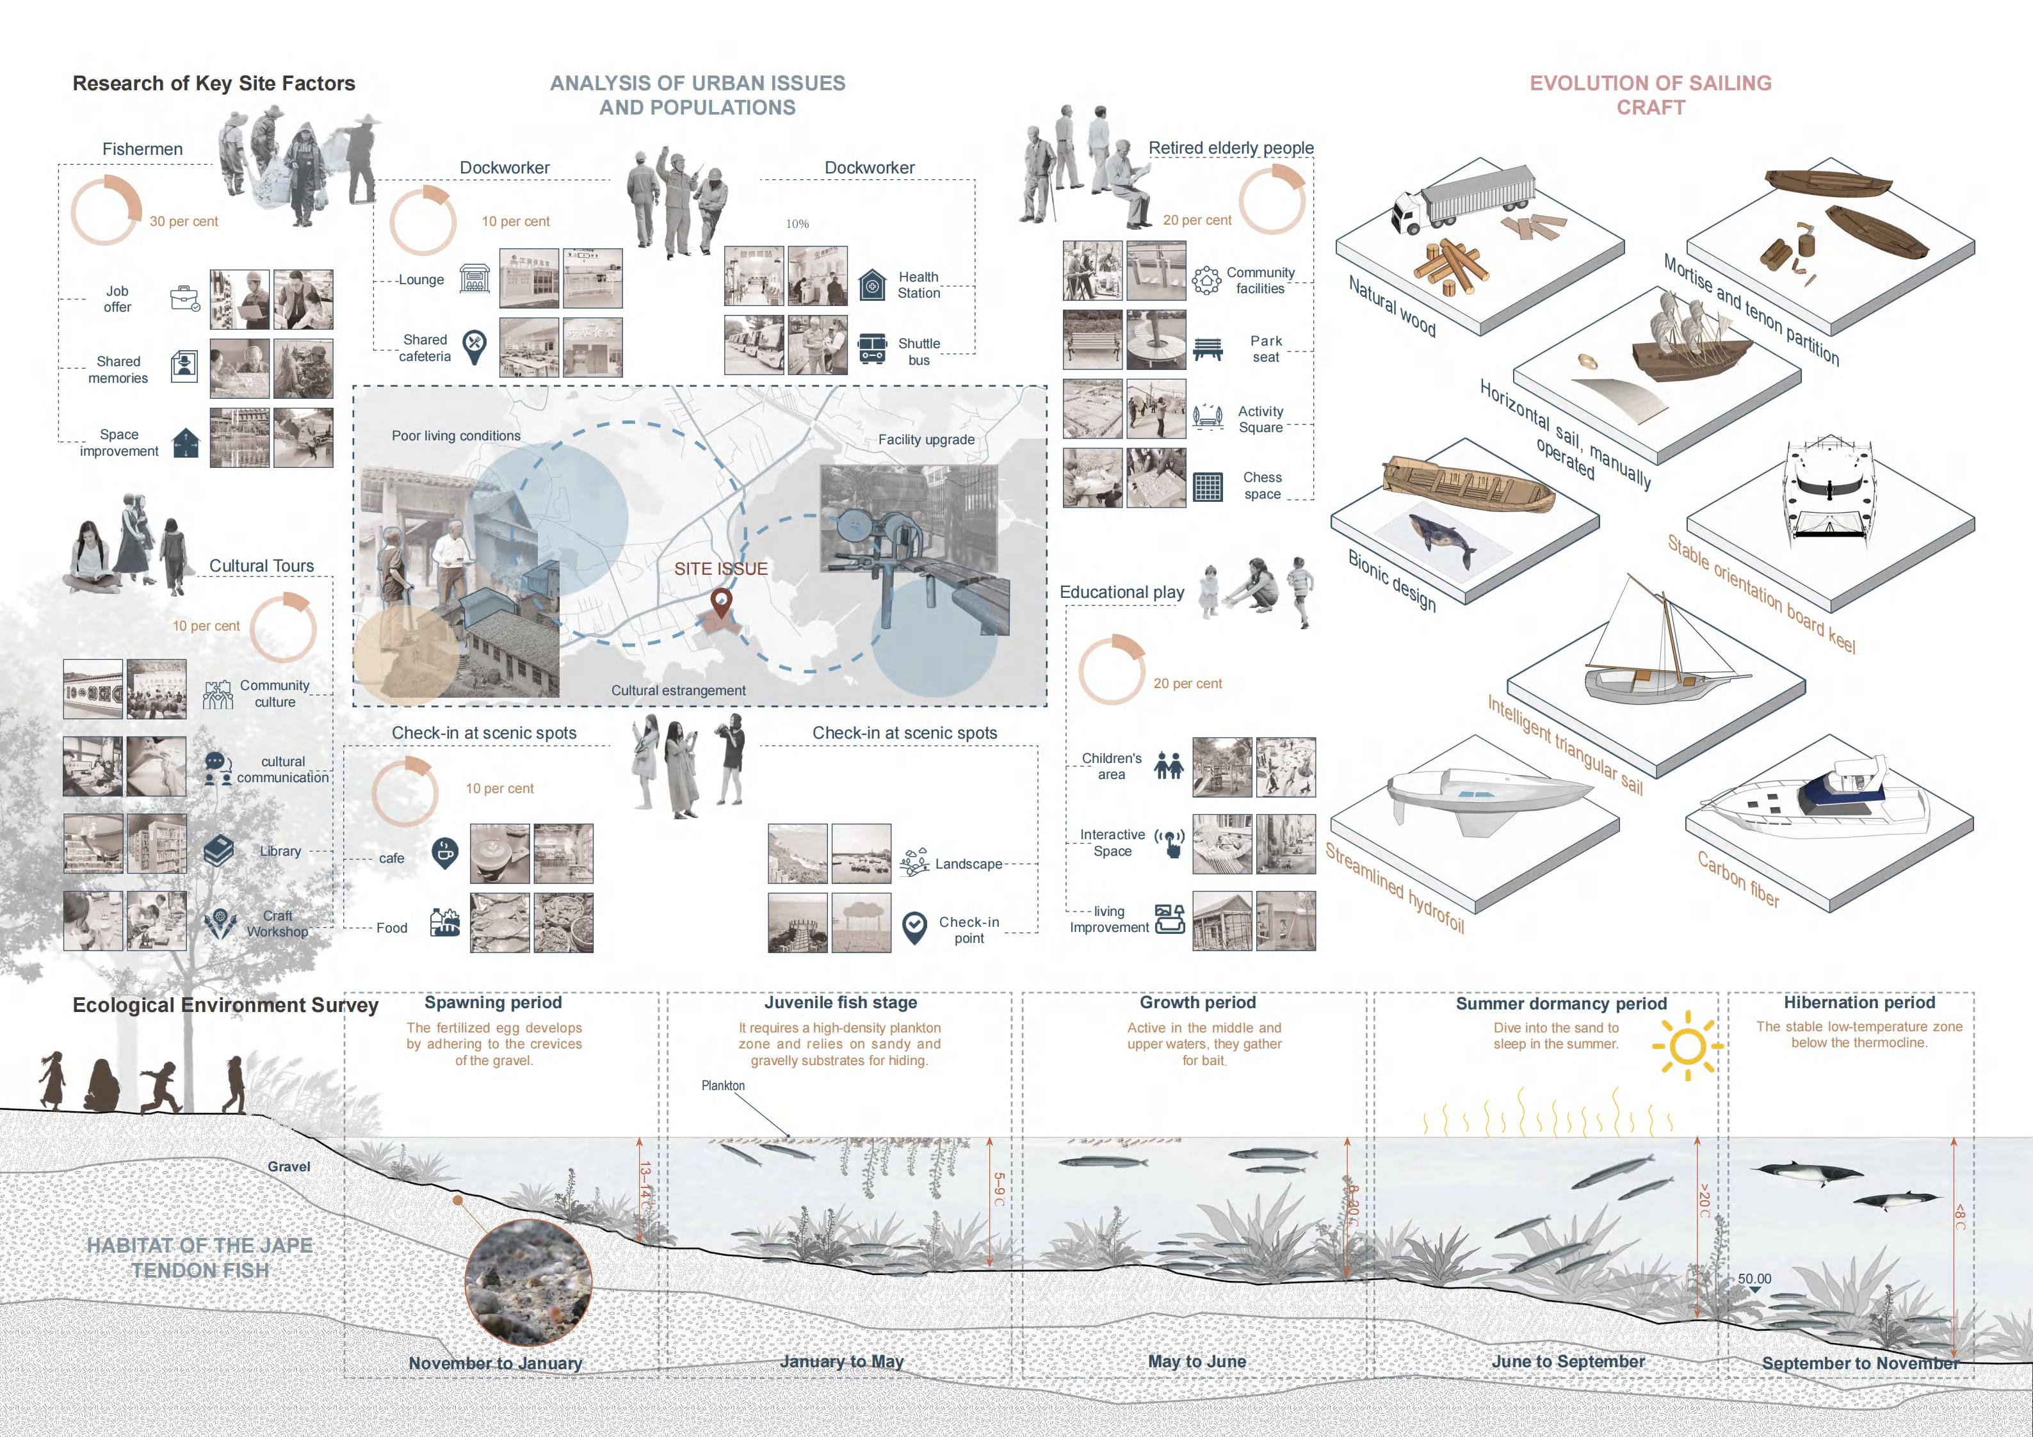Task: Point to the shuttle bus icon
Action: (872, 348)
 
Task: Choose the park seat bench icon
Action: (1207, 349)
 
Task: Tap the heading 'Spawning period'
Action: (493, 1002)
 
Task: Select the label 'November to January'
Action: (495, 1363)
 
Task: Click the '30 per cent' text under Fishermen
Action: (183, 221)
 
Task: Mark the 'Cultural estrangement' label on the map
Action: (678, 691)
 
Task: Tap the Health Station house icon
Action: (872, 285)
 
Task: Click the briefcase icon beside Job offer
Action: (185, 298)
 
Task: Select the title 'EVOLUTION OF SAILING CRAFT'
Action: (1651, 95)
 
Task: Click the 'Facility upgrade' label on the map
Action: (926, 439)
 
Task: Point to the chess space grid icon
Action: (1207, 486)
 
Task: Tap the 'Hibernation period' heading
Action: (1859, 1002)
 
